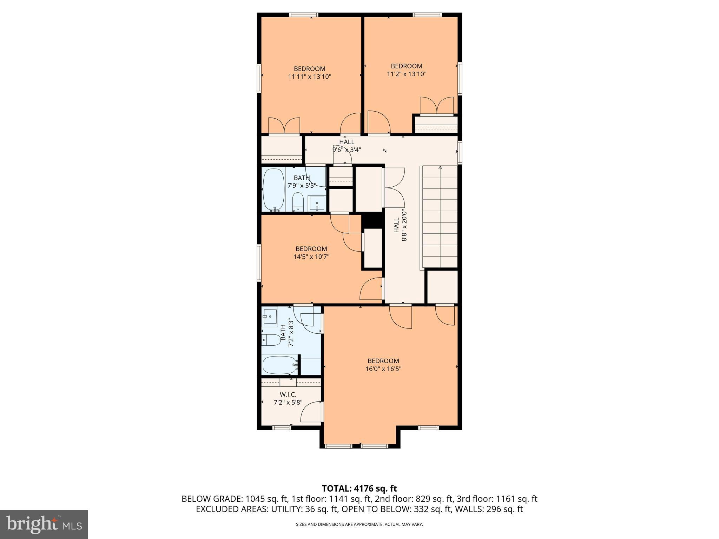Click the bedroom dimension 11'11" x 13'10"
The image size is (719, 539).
pyautogui.click(x=310, y=77)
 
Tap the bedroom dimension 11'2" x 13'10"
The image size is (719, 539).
pyautogui.click(x=407, y=74)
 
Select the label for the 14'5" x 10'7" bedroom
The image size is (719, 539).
pyautogui.click(x=311, y=249)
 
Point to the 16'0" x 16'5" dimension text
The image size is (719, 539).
pyautogui.click(x=383, y=369)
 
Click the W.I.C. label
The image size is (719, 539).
pyautogui.click(x=288, y=395)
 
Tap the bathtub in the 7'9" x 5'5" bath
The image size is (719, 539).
pyautogui.click(x=274, y=190)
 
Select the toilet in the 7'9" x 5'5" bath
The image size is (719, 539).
pyautogui.click(x=298, y=202)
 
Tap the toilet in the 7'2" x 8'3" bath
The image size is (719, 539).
pyautogui.click(x=271, y=340)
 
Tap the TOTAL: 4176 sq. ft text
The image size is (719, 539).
pyautogui.click(x=359, y=488)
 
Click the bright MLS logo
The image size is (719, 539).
pyautogui.click(x=44, y=525)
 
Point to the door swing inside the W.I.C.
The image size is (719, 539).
pyautogui.click(x=311, y=413)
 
